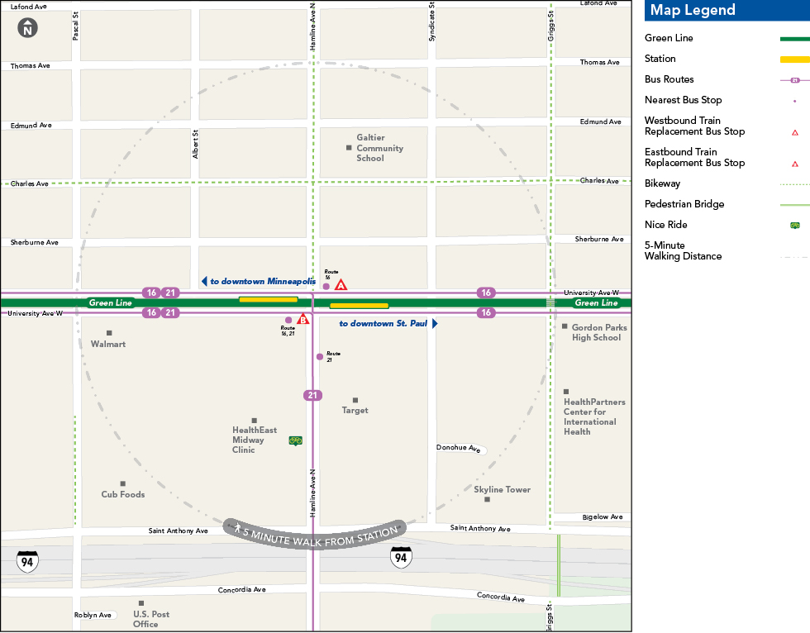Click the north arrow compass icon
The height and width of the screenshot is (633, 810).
tap(27, 27)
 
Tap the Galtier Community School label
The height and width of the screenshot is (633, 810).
tap(379, 148)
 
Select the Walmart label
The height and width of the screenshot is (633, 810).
tap(108, 343)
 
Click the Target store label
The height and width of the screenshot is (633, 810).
tap(355, 410)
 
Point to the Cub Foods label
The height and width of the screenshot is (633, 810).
tap(122, 494)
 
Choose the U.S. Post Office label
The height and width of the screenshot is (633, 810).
tap(151, 619)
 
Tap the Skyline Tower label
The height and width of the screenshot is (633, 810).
tap(502, 489)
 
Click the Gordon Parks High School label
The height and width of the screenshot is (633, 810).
tap(598, 332)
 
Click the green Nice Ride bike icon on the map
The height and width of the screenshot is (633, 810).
tap(295, 440)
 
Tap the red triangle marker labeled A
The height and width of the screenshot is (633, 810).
tap(341, 285)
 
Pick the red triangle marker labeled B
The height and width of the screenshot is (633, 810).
tap(303, 319)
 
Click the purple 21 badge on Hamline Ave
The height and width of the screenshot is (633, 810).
tap(312, 395)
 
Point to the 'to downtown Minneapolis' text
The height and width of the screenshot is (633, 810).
tap(262, 282)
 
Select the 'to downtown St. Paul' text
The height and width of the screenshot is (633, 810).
tap(384, 323)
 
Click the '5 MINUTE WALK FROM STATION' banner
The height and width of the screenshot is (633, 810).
tap(315, 531)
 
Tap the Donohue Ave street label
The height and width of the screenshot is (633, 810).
tap(459, 449)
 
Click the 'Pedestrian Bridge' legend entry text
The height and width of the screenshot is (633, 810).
tap(684, 204)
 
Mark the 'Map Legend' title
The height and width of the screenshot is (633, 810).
tap(692, 10)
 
